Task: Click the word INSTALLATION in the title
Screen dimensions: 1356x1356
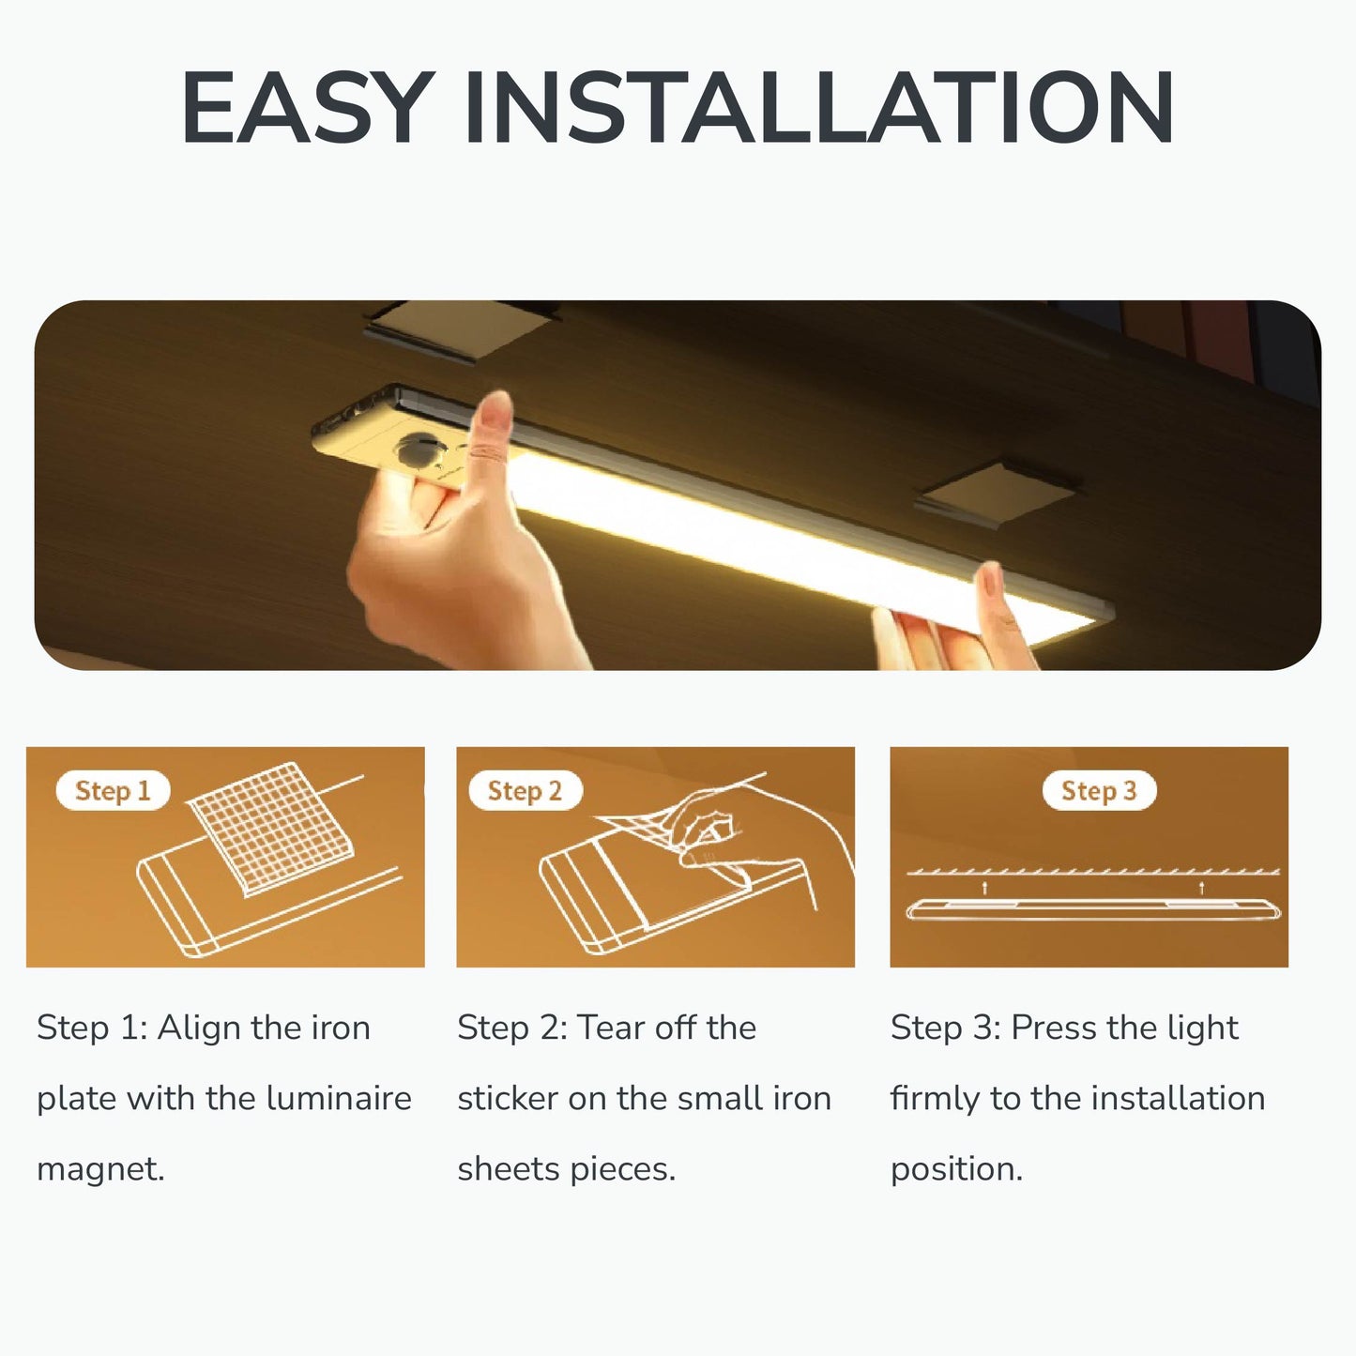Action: click(x=819, y=107)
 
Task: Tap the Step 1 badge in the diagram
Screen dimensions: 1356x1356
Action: click(x=113, y=790)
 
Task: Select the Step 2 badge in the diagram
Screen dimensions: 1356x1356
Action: click(x=525, y=790)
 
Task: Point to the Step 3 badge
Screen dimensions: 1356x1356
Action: click(x=1099, y=790)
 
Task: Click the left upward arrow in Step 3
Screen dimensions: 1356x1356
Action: click(x=984, y=888)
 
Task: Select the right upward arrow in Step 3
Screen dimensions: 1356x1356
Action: click(x=1201, y=888)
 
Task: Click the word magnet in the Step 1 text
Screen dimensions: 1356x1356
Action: click(x=100, y=1169)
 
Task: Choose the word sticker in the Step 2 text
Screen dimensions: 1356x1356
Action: click(x=508, y=1098)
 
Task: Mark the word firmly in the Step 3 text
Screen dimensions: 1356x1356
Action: click(x=935, y=1099)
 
